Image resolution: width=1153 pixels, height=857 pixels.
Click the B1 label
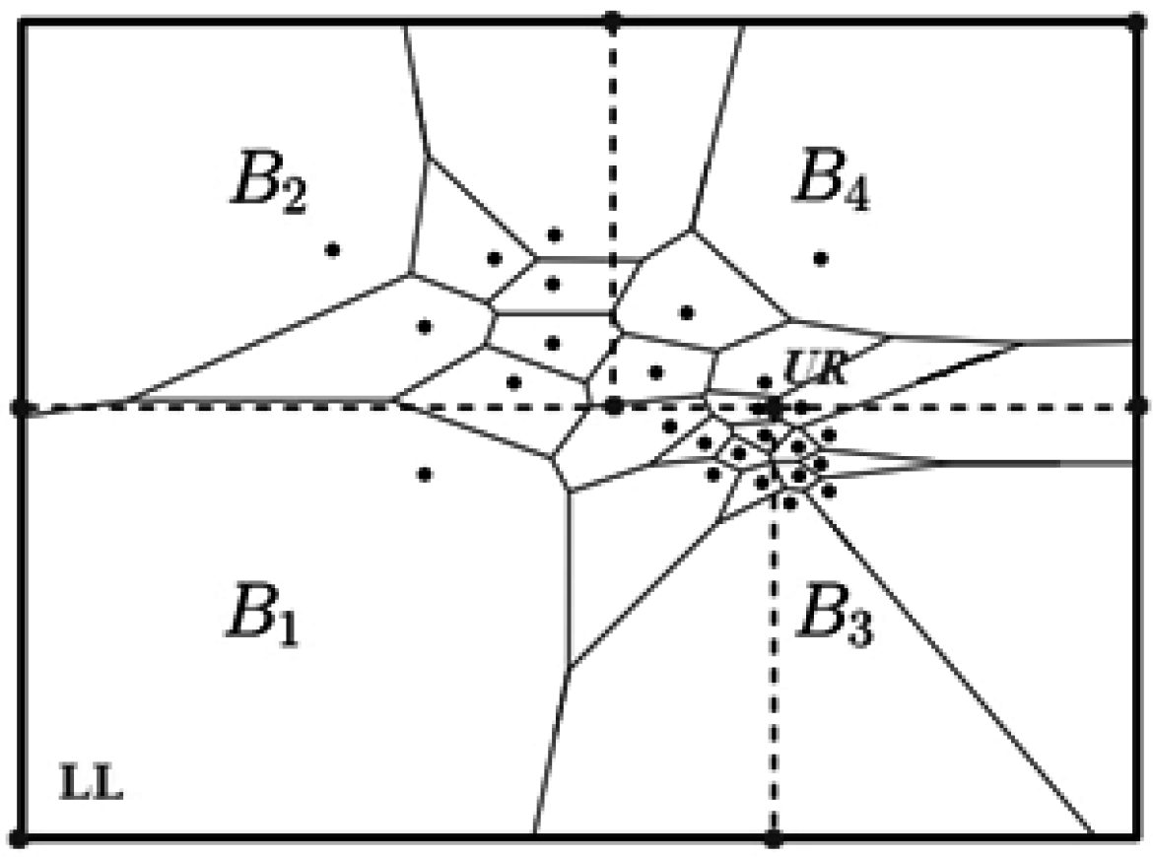(261, 616)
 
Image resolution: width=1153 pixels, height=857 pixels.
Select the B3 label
(835, 616)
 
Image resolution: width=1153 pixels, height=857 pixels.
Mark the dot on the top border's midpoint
(613, 19)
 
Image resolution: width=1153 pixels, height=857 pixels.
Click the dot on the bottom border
(774, 838)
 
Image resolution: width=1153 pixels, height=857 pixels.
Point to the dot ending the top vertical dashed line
(613, 405)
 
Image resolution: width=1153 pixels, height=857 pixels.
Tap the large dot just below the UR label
(774, 405)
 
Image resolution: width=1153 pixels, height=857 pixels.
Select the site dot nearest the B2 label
(333, 249)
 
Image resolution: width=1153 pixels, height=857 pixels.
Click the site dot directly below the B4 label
(820, 258)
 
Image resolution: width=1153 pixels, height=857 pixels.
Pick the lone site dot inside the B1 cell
(425, 474)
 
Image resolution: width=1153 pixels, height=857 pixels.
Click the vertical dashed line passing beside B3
(774, 670)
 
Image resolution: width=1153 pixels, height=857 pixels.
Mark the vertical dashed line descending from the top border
(613, 148)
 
